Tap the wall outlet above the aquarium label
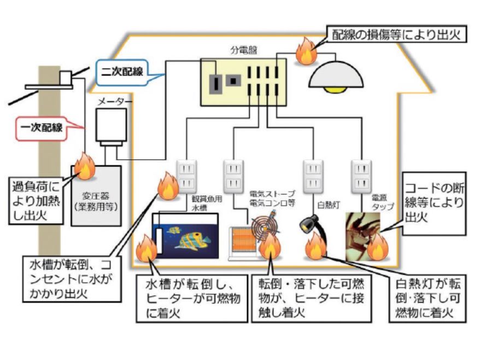[x=185, y=175]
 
